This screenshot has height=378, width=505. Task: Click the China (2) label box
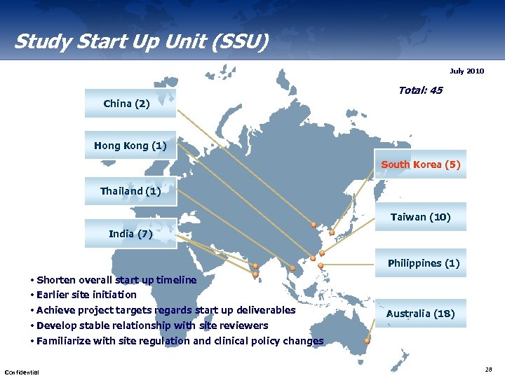(129, 104)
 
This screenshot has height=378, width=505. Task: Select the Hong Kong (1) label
(130, 146)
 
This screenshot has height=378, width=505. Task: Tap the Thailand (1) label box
(130, 191)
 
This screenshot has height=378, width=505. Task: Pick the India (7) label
(130, 233)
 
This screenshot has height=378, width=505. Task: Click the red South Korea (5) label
(420, 164)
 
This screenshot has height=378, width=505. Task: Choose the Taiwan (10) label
(420, 217)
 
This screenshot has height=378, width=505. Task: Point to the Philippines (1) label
(423, 263)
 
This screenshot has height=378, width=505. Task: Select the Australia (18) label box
(420, 314)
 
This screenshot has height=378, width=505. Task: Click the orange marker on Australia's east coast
(368, 340)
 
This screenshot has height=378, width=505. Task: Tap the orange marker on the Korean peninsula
(332, 233)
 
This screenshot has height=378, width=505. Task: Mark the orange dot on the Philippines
(321, 266)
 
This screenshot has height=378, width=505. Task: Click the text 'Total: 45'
(420, 90)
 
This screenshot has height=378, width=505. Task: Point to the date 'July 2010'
(466, 71)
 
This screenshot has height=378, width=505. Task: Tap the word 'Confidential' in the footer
(22, 371)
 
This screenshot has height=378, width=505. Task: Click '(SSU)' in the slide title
(238, 42)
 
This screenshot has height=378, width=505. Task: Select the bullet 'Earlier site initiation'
(86, 295)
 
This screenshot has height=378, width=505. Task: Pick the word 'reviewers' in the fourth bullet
(245, 325)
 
